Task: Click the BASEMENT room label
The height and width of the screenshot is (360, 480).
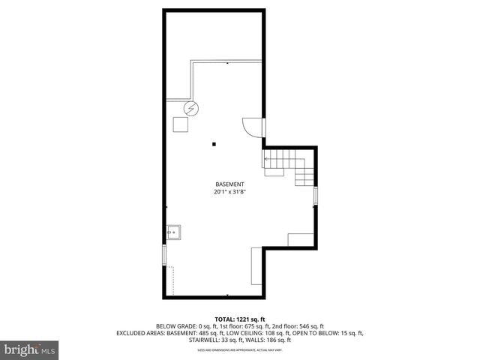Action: (x=229, y=184)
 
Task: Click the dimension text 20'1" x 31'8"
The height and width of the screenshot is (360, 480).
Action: (x=229, y=192)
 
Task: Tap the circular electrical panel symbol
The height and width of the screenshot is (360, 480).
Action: (x=193, y=108)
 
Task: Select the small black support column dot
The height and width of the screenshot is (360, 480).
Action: (x=214, y=143)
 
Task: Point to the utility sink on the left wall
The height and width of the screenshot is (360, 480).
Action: (x=174, y=232)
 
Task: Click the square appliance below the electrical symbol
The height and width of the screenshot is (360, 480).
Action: (x=181, y=125)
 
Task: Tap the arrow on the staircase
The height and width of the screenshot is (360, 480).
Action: (x=267, y=160)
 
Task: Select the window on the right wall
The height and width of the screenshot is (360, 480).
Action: (x=315, y=196)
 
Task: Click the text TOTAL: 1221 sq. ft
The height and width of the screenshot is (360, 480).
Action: (x=240, y=318)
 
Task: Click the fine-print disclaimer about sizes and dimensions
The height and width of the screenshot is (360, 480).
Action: (x=240, y=349)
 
